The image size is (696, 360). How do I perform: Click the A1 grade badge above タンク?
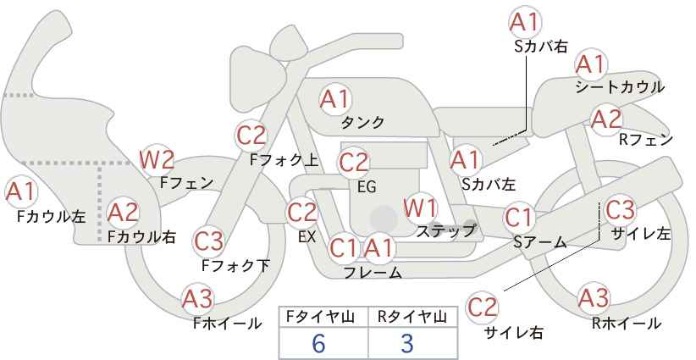pos(335,100)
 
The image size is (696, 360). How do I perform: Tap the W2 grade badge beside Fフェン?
pos(157,159)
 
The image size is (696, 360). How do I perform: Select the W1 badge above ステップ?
pos(420,208)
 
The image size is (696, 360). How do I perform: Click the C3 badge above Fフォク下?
pos(208,241)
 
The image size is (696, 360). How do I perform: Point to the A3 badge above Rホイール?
pos(594,299)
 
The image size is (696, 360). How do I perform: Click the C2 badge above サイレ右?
pos(482,307)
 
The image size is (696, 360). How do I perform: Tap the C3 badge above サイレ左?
pos(620,209)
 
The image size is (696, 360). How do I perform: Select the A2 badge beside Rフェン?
pos(606,119)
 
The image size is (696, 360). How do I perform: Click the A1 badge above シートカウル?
pos(591,65)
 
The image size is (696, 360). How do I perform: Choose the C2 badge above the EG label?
pos(353,163)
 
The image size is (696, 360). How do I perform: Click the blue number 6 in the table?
pos(318,344)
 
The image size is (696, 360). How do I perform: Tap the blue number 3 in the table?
pos(406,344)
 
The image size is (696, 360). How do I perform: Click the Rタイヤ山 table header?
pos(412,317)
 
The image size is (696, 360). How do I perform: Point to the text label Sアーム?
pos(540,242)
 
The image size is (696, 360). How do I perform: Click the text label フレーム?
pos(373,272)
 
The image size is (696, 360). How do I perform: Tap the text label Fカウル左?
pos(52,217)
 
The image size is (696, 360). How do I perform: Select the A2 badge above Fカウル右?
pos(124,213)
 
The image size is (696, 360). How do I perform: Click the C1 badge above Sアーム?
pos(518,218)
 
